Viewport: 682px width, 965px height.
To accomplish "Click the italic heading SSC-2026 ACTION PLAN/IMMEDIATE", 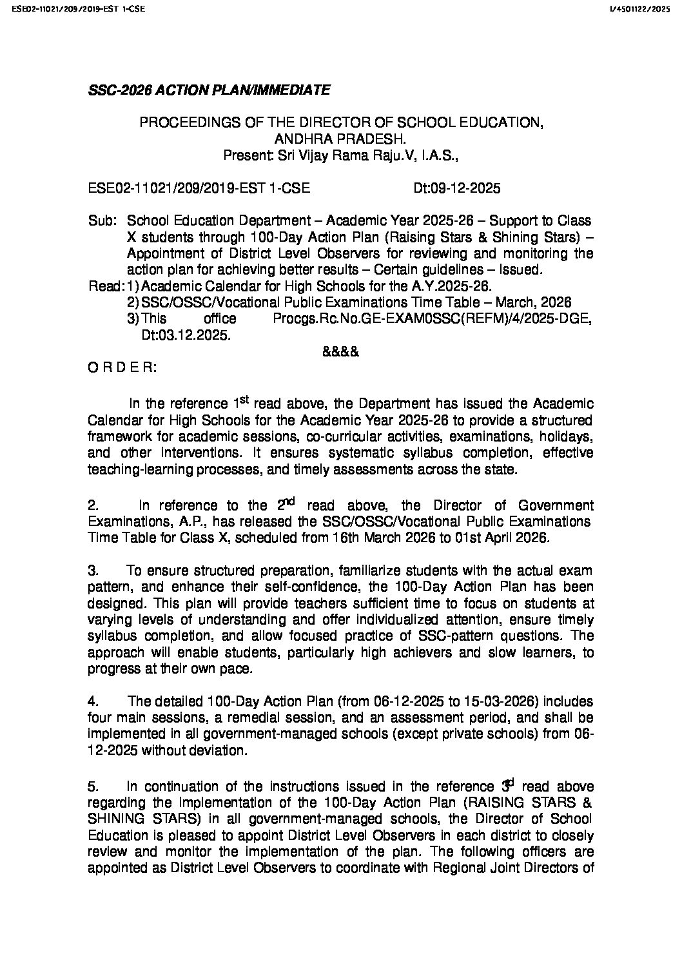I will coord(209,90).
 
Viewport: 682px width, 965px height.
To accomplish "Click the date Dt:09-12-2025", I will coord(456,189).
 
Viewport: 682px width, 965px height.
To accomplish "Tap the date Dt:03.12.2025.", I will coord(185,336).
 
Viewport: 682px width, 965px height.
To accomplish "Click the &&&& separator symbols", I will coord(340,352).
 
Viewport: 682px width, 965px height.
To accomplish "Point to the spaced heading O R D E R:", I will coord(121,368).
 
